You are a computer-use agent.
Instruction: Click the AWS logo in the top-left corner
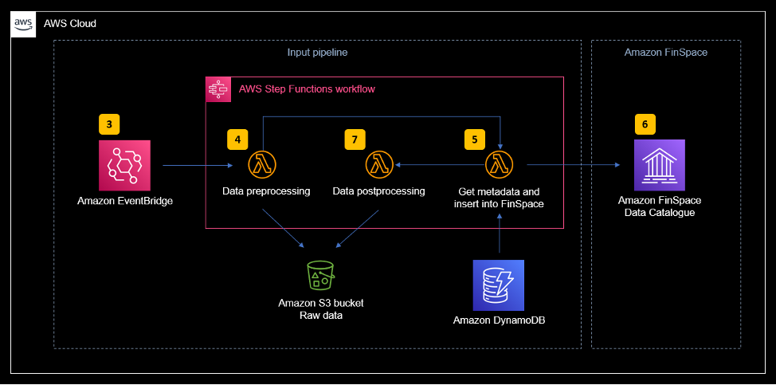[x=24, y=24]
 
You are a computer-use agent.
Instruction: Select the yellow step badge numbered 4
[x=237, y=139]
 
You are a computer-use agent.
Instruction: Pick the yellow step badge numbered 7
[x=355, y=139]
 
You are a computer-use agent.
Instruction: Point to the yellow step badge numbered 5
[x=475, y=139]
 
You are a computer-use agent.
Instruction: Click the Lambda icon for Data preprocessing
[x=260, y=165]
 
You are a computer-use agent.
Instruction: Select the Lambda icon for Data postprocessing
[x=378, y=165]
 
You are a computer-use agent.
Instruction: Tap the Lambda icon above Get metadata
[x=499, y=165]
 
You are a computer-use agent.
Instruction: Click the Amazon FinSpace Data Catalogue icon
[x=659, y=165]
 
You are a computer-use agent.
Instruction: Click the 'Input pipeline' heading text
[x=317, y=53]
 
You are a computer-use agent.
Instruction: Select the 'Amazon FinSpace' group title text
[x=666, y=53]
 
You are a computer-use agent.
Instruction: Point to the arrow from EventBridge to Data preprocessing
[x=196, y=166]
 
